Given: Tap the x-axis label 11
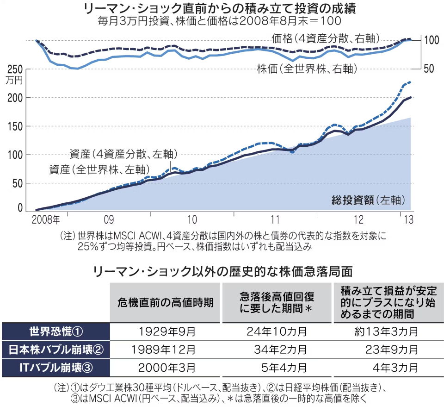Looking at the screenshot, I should pos(276,219).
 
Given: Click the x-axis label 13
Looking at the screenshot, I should pos(407,219).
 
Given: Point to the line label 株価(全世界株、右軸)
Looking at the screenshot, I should pos(306,69).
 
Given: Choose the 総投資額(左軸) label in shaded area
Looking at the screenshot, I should pos(369,200).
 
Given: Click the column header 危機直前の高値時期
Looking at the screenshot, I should pos(165,303).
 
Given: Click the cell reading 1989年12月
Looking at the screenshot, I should pos(167,350).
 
